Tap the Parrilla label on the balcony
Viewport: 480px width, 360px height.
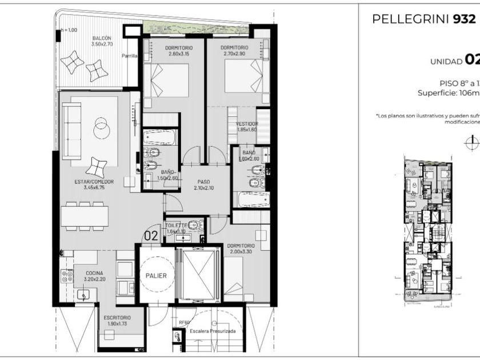tap(129, 56)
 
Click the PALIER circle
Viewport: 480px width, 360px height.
tap(155, 275)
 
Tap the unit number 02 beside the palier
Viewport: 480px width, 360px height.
tap(151, 235)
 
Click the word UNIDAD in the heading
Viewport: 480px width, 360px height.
tap(446, 61)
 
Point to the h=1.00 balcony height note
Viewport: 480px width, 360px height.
tap(68, 30)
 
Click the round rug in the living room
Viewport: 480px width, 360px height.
tap(100, 123)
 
